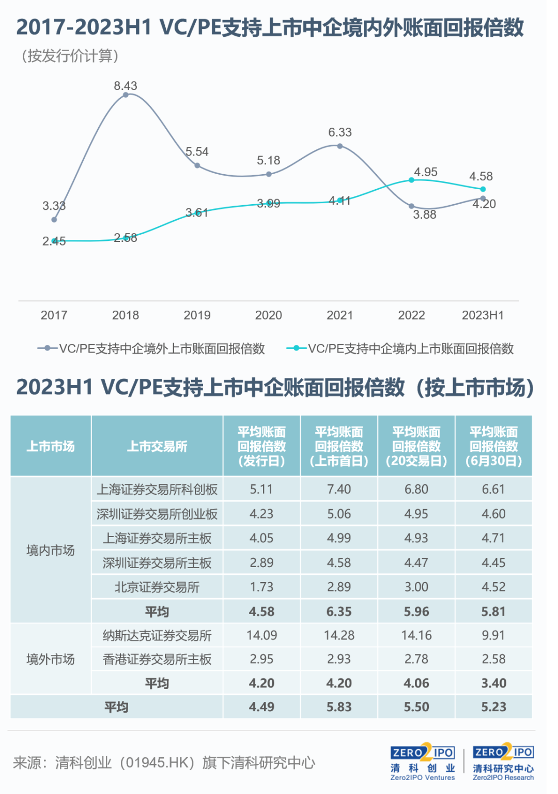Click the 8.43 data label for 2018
[126, 86]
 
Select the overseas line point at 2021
[339, 146]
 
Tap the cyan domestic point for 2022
[411, 180]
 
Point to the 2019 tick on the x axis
[197, 315]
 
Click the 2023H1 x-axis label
[483, 315]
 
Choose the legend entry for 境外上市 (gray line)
[151, 348]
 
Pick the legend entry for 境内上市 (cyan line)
[400, 348]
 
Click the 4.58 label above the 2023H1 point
[481, 176]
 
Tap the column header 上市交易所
[157, 446]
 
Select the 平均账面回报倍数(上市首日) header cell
[339, 446]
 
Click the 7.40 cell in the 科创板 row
[339, 489]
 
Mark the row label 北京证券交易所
[157, 587]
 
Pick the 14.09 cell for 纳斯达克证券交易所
[261, 635]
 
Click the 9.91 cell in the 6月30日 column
[493, 635]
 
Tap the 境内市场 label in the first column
[51, 551]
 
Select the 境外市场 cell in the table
[51, 659]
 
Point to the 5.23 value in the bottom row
[493, 707]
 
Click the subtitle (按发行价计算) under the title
[70, 56]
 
